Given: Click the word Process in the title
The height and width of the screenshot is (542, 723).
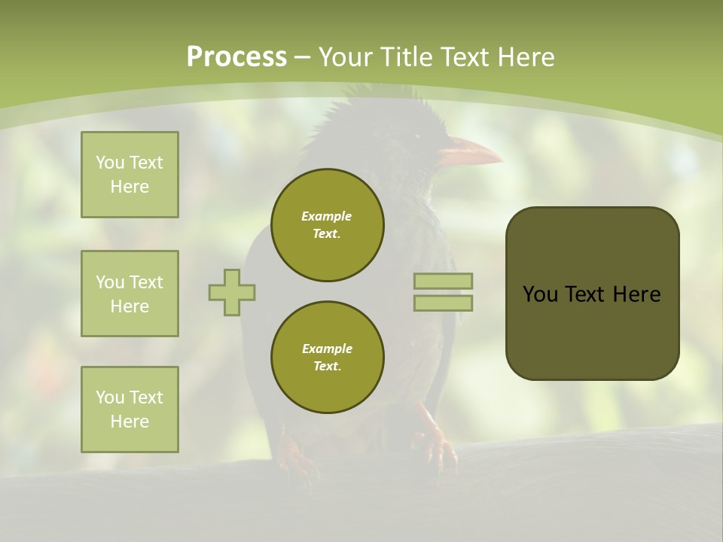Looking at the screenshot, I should pyautogui.click(x=236, y=57).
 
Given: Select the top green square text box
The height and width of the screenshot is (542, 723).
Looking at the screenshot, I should pyautogui.click(x=130, y=175).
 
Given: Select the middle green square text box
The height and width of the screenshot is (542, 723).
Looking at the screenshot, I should pyautogui.click(x=130, y=294).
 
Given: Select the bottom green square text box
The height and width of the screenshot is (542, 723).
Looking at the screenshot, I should pyautogui.click(x=130, y=410).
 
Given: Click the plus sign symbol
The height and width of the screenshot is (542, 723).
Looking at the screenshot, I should pyautogui.click(x=232, y=292).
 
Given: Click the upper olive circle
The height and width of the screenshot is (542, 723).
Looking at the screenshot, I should pyautogui.click(x=328, y=225).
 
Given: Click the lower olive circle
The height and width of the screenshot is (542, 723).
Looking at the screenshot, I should pyautogui.click(x=328, y=358).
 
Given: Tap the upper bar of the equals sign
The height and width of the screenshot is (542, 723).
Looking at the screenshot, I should pyautogui.click(x=443, y=281).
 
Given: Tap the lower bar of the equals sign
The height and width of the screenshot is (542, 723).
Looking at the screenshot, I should pyautogui.click(x=443, y=303).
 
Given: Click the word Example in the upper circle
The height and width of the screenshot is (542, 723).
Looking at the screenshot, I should pyautogui.click(x=326, y=216).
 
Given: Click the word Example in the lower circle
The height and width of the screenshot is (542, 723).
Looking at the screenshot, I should pyautogui.click(x=326, y=349).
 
